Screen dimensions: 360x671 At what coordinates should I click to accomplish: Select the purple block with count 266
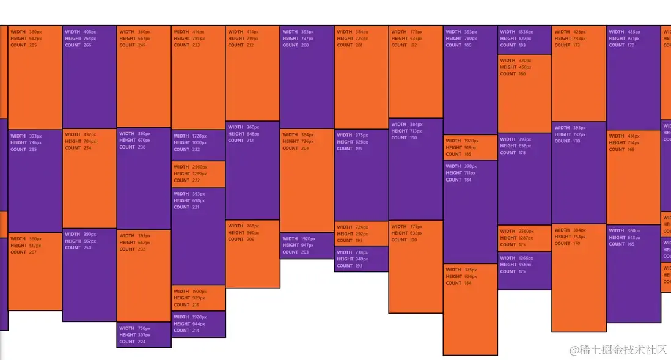89,76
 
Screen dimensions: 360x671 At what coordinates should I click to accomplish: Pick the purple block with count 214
199,325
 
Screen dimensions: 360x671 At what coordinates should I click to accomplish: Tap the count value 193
358,266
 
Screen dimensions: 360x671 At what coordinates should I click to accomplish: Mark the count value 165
630,244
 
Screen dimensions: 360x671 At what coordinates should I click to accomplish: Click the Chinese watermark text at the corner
618,350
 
